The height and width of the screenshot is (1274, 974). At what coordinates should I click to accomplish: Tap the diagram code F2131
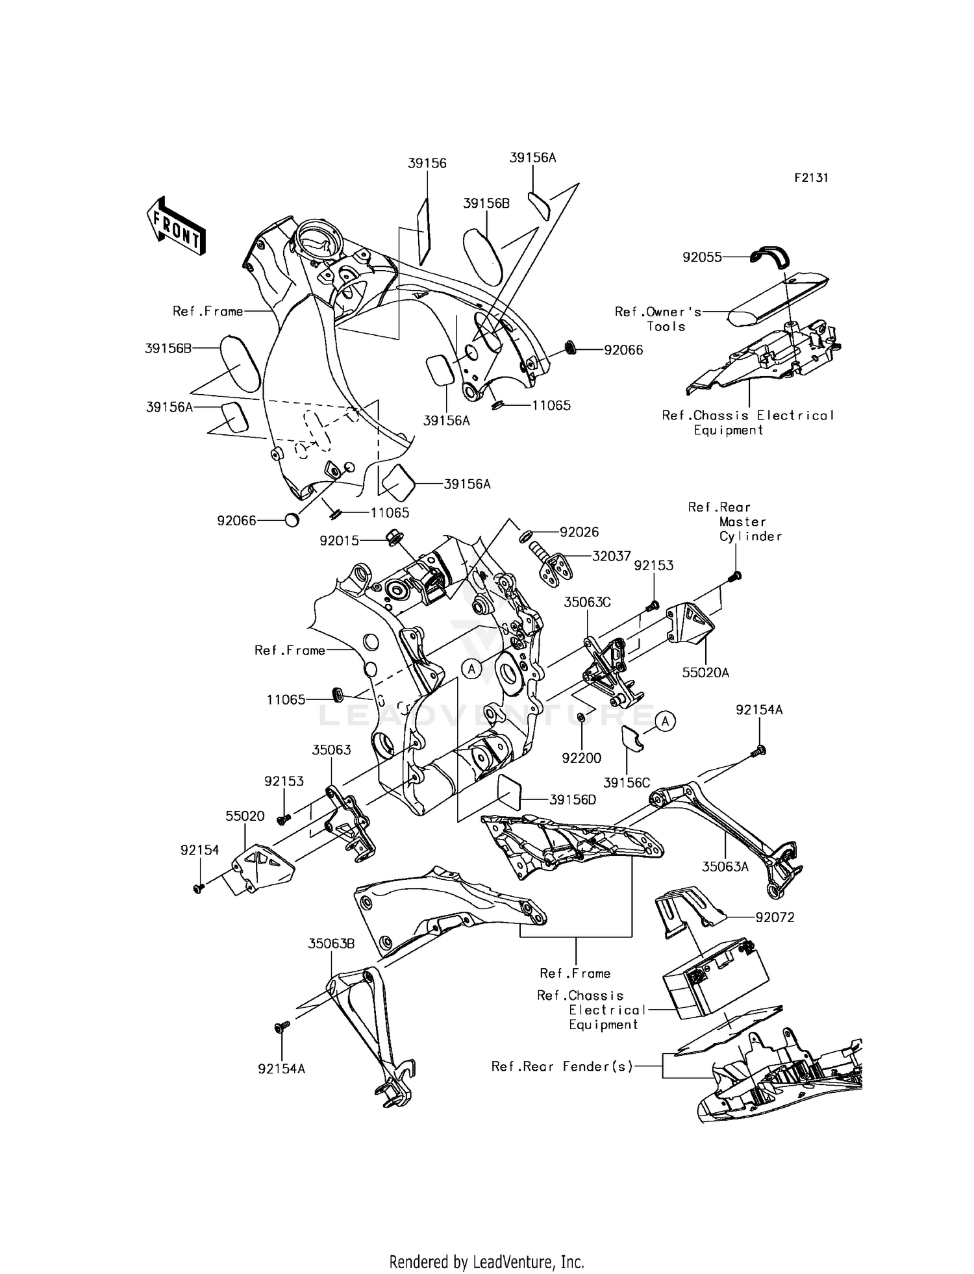811,178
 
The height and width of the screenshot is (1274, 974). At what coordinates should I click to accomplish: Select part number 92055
702,257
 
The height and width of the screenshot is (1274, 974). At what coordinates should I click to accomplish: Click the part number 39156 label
427,164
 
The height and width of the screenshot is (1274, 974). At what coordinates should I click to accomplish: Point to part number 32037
612,556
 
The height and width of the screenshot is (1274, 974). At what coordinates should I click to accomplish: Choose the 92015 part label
339,540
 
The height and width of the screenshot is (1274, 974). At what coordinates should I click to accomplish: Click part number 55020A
705,673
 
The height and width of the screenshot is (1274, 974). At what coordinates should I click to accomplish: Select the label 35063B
331,943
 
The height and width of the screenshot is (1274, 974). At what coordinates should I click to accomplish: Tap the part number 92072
775,918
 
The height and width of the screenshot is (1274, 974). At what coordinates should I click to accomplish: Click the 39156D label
572,800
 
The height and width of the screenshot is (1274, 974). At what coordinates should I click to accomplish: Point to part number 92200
582,758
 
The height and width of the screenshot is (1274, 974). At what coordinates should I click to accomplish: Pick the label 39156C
626,783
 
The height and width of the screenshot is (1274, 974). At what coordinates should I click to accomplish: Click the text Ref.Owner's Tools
658,319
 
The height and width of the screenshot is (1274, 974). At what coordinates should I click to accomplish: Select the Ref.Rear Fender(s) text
562,1066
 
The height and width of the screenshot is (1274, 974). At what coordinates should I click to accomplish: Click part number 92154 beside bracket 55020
200,849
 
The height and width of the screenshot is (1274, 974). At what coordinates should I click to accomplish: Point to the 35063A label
725,866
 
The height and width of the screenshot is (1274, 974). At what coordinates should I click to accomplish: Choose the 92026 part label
579,532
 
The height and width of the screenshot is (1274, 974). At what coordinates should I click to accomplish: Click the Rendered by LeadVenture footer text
487,1262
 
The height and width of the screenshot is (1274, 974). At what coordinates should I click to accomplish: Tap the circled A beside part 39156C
665,721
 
